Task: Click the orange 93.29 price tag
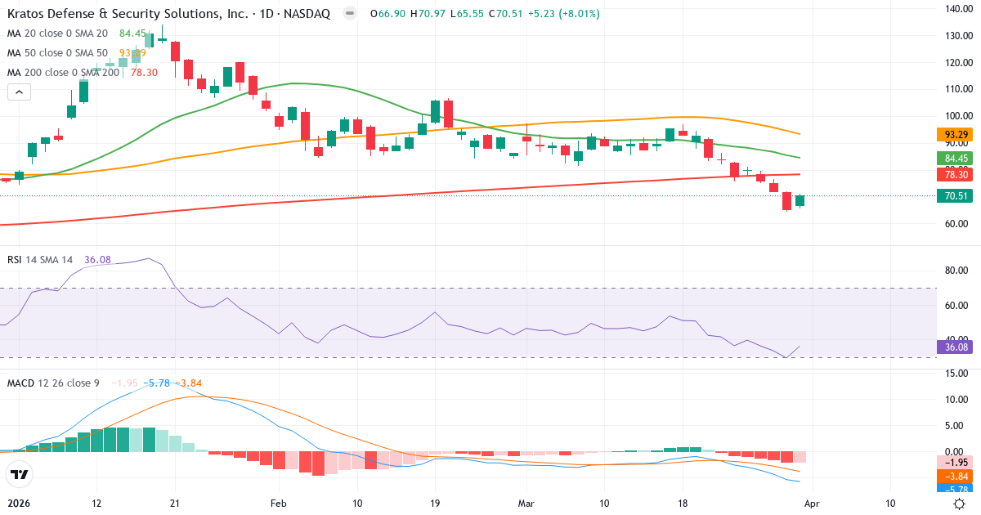point(956,134)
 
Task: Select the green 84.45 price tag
point(956,158)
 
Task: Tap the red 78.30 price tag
point(956,175)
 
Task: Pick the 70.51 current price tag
point(956,196)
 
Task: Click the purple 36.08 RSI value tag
point(956,347)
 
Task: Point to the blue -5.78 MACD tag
point(956,488)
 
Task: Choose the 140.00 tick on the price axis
point(957,9)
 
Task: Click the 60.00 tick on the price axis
point(957,224)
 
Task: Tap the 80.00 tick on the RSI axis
point(957,271)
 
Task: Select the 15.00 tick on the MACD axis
point(957,374)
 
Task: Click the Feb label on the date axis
point(279,503)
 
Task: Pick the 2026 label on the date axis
point(18,503)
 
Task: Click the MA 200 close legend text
point(64,72)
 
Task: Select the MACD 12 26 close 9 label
point(55,383)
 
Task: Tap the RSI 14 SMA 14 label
point(40,259)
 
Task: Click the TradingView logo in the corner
point(20,474)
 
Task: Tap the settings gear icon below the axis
point(961,504)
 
